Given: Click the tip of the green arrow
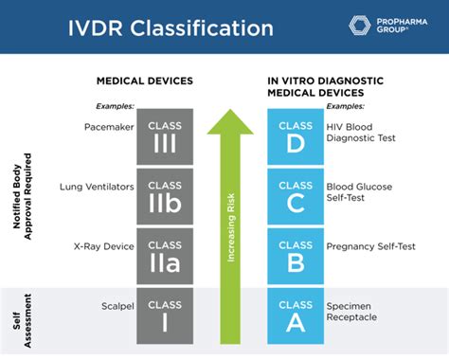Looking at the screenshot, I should coord(230,112).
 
